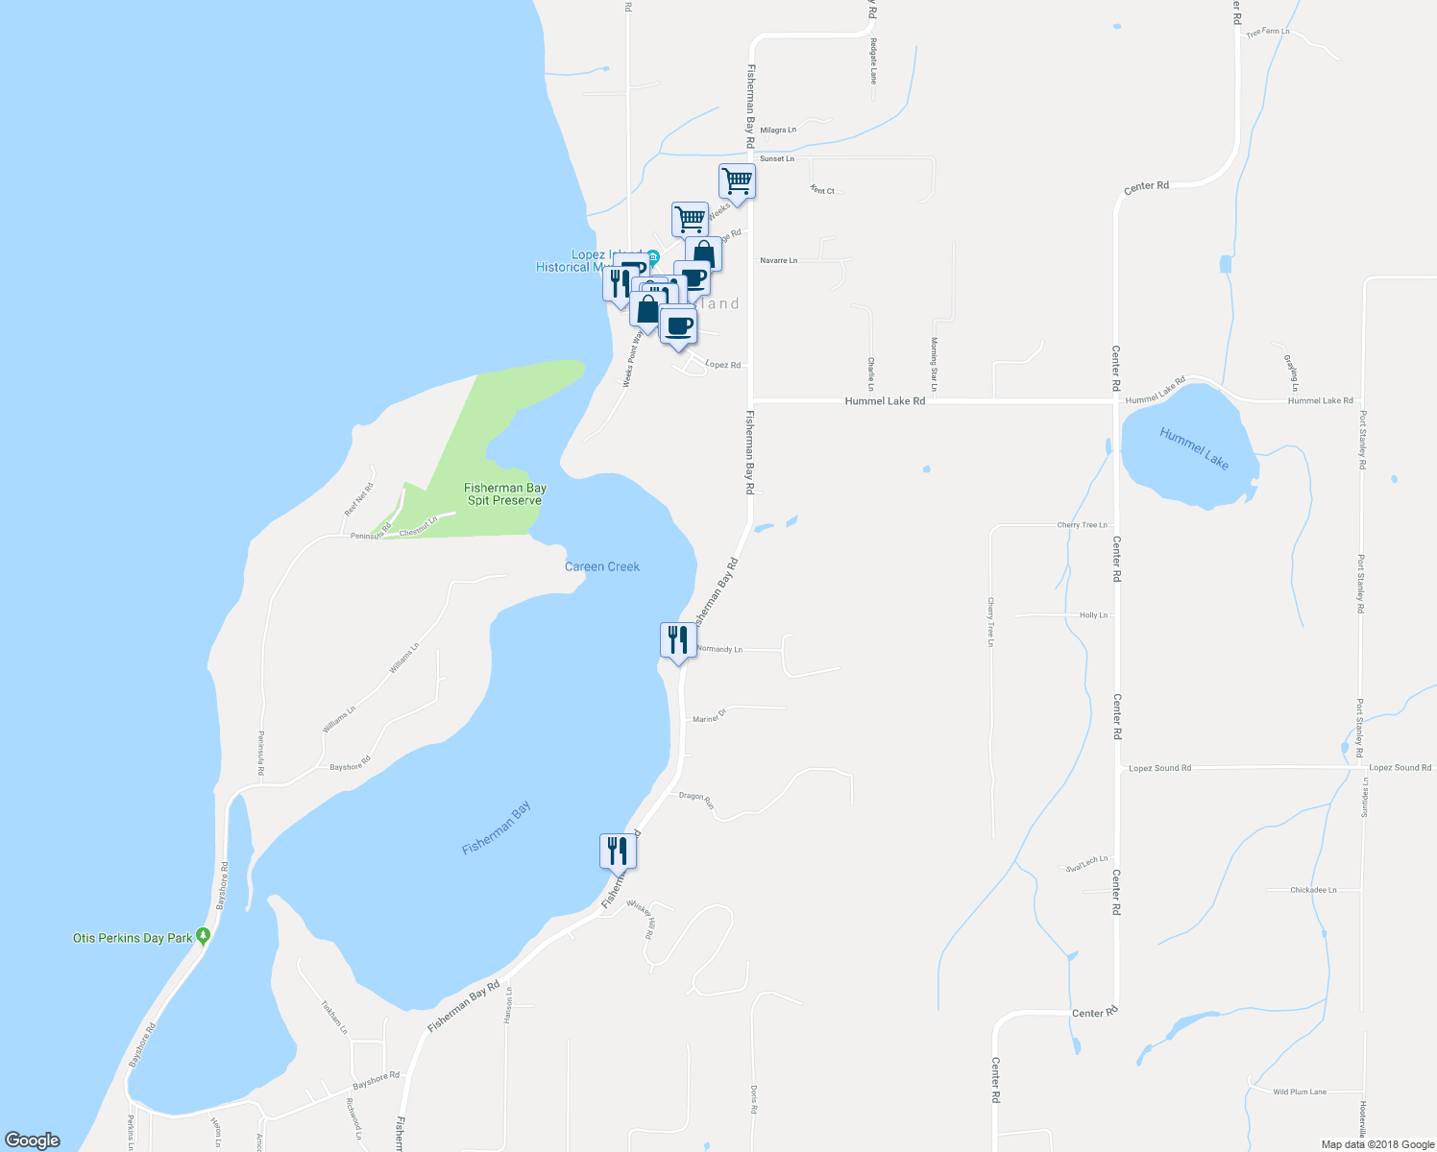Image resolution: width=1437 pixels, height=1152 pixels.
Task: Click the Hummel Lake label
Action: (1194, 448)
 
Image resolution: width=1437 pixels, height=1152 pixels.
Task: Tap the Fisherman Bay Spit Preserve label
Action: (505, 494)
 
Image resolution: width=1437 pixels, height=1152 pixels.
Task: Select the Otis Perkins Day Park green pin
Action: (203, 935)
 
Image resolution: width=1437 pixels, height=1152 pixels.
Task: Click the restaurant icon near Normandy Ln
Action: (678, 640)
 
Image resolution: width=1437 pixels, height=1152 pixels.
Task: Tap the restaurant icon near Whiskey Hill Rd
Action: (618, 851)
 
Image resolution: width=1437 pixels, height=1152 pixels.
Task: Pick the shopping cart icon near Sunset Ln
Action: (737, 180)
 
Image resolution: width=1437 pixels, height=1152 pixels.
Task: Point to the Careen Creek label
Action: (602, 566)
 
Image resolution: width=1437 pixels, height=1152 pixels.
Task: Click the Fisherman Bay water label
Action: (497, 828)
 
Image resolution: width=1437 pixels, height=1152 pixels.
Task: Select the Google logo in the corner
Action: (33, 1140)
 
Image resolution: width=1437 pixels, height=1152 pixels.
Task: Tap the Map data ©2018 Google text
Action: (1377, 1144)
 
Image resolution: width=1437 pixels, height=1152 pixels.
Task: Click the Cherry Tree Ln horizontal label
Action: (1082, 525)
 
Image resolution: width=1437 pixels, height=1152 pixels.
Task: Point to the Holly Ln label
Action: (1093, 615)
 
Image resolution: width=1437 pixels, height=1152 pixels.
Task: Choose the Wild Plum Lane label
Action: (1300, 1092)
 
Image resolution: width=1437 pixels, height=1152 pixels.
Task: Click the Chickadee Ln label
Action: (1313, 890)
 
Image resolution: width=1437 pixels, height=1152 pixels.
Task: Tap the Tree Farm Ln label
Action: (1267, 33)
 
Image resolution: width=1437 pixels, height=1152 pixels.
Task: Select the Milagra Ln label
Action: (778, 130)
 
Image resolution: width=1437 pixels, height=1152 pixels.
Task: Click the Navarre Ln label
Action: (778, 260)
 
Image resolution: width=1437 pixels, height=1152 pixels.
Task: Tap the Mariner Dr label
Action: (709, 715)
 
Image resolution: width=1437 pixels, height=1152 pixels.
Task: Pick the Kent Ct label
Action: (822, 190)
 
